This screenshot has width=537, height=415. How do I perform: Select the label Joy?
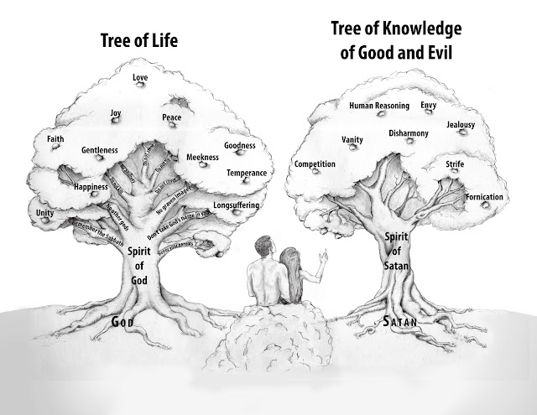(116, 112)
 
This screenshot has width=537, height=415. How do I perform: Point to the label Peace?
(172, 117)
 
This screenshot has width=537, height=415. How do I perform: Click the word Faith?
(56, 138)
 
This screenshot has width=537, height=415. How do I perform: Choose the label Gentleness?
(99, 150)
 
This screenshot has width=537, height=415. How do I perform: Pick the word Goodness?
(239, 145)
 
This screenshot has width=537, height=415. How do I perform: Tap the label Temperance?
(246, 173)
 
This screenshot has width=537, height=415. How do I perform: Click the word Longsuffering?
(237, 205)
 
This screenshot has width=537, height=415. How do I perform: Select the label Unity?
(45, 213)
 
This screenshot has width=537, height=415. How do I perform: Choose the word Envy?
(428, 106)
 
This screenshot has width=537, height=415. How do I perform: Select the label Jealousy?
(461, 124)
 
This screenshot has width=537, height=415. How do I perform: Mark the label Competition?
(315, 163)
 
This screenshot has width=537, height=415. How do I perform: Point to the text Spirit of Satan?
(394, 250)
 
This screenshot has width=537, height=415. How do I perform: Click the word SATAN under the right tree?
(399, 321)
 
